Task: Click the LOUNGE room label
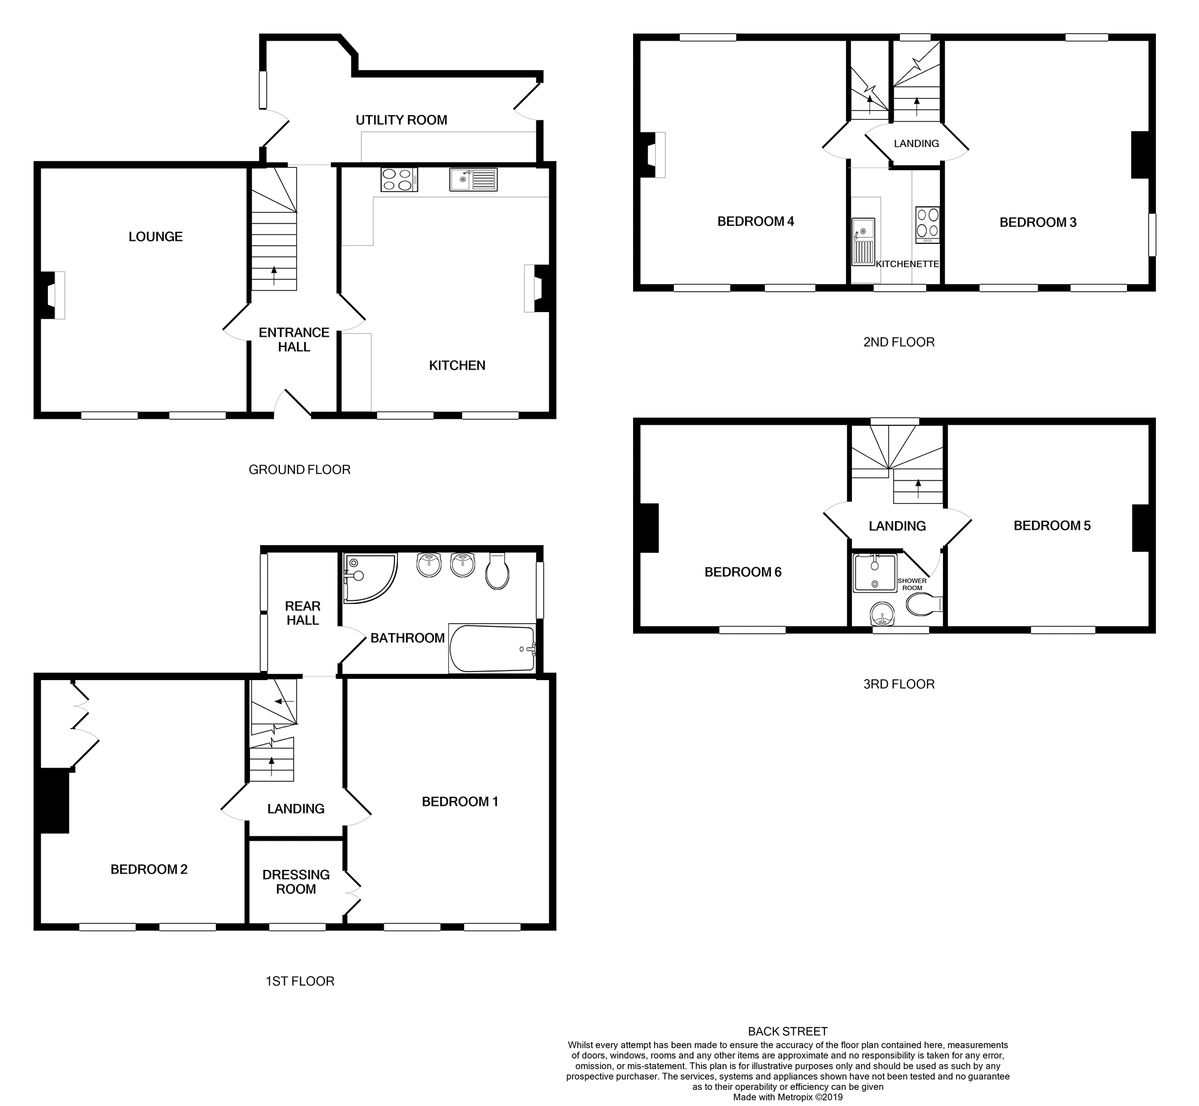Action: click(155, 237)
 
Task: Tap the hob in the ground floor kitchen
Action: click(399, 179)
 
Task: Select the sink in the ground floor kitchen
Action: click(473, 179)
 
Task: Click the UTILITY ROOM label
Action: click(401, 120)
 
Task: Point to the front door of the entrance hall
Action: click(294, 404)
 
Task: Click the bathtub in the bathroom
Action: click(492, 649)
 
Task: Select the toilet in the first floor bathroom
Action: click(497, 573)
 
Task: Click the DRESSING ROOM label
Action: click(296, 882)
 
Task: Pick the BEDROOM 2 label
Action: click(149, 869)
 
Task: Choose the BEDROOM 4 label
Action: click(755, 222)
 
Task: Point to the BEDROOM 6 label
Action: click(743, 572)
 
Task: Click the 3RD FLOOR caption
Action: click(899, 684)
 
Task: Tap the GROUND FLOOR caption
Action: click(299, 470)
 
